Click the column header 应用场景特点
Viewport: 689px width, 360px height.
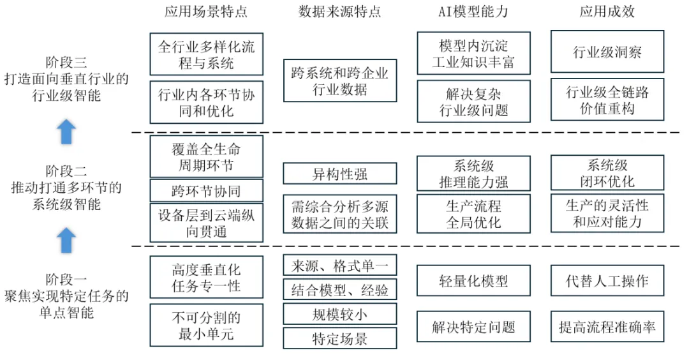coord(205,11)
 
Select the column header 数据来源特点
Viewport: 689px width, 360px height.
coord(339,11)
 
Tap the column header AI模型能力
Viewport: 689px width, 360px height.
coord(473,11)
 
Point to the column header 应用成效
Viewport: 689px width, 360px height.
coord(607,11)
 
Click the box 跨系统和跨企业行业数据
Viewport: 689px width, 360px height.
coord(339,80)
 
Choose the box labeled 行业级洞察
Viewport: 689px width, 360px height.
coord(607,52)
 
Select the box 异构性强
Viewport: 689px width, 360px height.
coord(339,174)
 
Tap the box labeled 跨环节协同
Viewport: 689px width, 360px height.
coord(206,190)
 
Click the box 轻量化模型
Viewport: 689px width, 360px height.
coord(473,281)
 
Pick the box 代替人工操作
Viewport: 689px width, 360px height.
coord(607,281)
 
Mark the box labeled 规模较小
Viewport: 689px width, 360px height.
coord(339,313)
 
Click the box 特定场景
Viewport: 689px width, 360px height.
coord(339,338)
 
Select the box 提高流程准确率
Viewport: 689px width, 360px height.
coord(607,327)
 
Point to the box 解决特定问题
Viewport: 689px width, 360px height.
coord(473,327)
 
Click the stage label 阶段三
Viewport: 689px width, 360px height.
coord(66,62)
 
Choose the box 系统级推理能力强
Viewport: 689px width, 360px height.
coord(473,173)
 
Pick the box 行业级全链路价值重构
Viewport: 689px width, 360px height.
coord(607,100)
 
